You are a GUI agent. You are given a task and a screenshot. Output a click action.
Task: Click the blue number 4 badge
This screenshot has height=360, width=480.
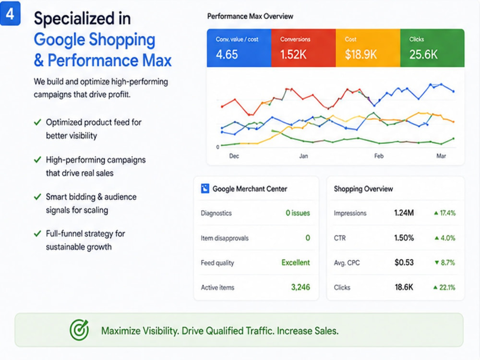click(10, 13)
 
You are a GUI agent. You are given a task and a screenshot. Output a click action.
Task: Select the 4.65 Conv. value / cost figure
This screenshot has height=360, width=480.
click(227, 55)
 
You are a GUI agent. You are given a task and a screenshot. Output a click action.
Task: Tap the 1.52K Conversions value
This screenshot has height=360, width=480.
click(293, 55)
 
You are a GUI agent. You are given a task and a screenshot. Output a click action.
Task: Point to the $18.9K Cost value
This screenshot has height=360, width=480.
click(360, 55)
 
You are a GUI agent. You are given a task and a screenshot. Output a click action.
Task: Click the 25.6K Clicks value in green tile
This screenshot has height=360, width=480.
click(423, 55)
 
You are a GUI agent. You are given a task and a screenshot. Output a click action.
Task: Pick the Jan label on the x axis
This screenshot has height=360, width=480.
click(303, 156)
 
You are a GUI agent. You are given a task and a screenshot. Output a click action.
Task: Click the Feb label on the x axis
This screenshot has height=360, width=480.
click(379, 156)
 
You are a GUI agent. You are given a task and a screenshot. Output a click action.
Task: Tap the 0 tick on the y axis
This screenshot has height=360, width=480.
click(217, 147)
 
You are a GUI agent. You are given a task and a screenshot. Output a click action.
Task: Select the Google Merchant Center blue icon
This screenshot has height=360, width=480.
click(205, 189)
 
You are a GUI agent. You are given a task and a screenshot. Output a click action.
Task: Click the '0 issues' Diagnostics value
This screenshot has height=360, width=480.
click(298, 213)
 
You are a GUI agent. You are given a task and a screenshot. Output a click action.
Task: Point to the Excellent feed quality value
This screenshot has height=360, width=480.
click(295, 263)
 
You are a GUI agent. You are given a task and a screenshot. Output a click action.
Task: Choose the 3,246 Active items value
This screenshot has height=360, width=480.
click(300, 288)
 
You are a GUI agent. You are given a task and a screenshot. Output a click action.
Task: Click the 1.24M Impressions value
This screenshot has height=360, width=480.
click(404, 213)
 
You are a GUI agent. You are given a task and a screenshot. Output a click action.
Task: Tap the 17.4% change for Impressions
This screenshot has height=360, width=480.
click(447, 213)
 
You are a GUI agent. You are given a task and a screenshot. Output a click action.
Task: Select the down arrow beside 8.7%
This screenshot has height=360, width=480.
click(437, 263)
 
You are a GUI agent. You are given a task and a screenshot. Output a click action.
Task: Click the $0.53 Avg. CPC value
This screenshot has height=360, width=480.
click(404, 263)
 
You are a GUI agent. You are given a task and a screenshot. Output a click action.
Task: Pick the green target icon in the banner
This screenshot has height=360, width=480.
click(79, 330)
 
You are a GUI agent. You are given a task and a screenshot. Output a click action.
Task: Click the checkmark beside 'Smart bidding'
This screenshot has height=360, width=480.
click(37, 197)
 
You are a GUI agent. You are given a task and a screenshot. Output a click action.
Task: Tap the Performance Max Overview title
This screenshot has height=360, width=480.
click(250, 16)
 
